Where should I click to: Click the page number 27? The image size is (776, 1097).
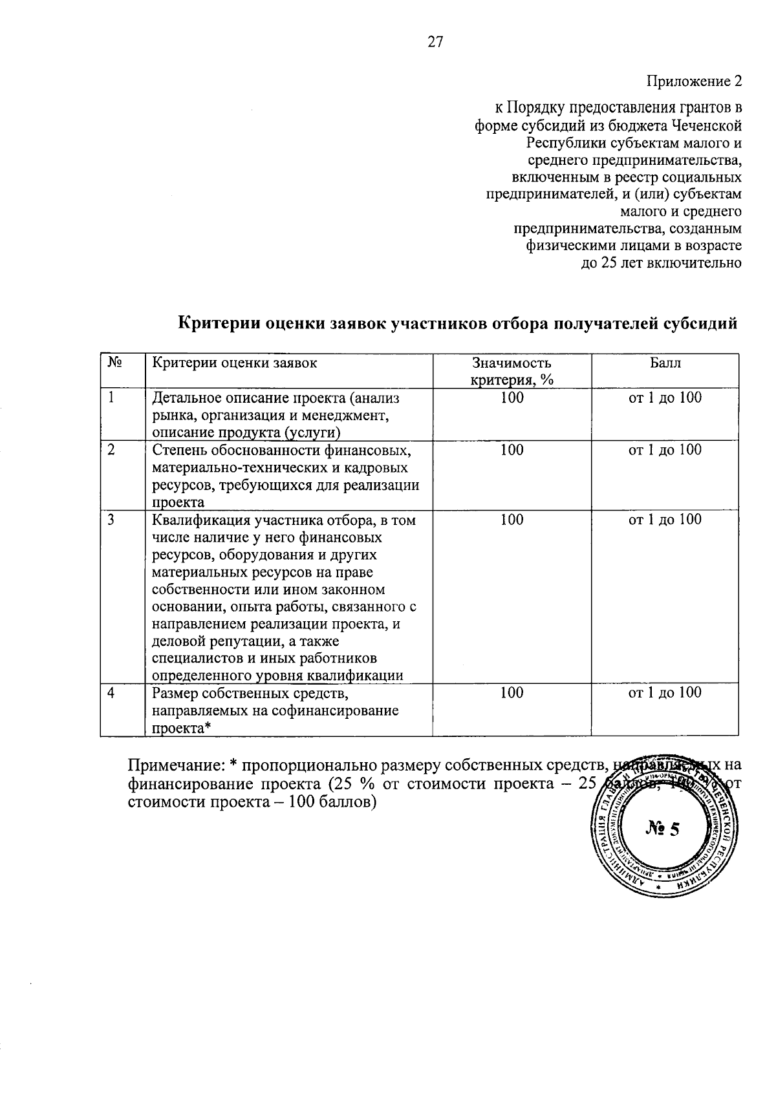(x=435, y=43)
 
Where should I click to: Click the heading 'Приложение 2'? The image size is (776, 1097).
(x=694, y=82)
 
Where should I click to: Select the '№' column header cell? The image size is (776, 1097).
(x=115, y=363)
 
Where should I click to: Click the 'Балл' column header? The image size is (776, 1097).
(x=665, y=363)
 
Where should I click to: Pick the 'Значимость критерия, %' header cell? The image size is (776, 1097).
(x=512, y=372)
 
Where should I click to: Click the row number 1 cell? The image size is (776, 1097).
(x=112, y=398)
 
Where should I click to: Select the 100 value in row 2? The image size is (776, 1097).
(x=512, y=451)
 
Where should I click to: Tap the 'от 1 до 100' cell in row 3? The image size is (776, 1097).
(x=665, y=520)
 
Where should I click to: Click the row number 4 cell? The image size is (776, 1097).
(x=112, y=693)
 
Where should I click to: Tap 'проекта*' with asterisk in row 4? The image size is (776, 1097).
(x=182, y=729)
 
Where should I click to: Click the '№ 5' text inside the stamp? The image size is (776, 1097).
(x=663, y=829)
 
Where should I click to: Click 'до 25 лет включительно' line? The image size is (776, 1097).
(x=661, y=264)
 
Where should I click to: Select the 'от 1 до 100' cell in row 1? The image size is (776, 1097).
(x=665, y=398)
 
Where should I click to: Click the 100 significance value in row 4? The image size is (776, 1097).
(x=512, y=693)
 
